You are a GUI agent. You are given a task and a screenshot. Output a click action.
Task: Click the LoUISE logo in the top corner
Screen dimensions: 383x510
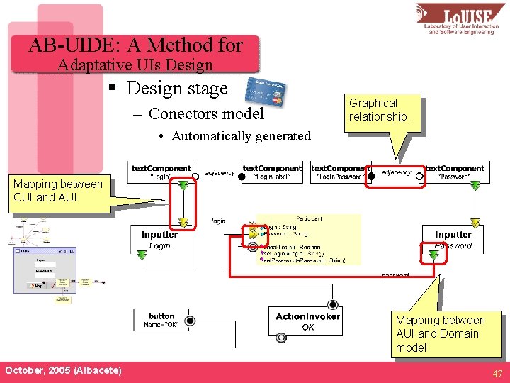(461, 19)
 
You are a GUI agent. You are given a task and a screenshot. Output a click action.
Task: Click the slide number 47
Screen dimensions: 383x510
(497, 373)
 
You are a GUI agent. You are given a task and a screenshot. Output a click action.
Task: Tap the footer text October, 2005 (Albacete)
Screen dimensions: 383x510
(62, 371)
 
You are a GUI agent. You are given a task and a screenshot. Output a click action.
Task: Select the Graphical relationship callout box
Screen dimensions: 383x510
(380, 110)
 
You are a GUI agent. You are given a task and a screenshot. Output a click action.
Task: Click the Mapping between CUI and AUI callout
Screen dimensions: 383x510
(58, 191)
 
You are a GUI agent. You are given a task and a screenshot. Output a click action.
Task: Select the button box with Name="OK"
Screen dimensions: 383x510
(161, 321)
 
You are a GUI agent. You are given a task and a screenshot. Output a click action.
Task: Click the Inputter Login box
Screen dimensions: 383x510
(160, 240)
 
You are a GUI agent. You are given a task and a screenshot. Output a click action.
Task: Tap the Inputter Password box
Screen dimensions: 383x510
(453, 240)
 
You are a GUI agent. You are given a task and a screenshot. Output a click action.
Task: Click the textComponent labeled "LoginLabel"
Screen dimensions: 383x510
(272, 172)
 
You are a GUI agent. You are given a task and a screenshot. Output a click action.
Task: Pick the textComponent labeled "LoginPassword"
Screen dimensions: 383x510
(340, 172)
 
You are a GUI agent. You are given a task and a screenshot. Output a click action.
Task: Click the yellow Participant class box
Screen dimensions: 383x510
(309, 239)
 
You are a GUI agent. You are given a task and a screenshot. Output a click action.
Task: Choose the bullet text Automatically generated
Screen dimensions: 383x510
(241, 136)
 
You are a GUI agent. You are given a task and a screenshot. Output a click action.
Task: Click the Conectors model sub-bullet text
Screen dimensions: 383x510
(206, 113)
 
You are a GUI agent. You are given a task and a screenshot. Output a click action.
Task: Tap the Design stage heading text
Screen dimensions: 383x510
(177, 89)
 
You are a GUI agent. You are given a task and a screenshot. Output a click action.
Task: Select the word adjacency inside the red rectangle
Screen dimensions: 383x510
(395, 172)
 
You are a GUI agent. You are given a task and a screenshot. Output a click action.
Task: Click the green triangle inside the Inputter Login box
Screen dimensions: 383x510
(183, 223)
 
